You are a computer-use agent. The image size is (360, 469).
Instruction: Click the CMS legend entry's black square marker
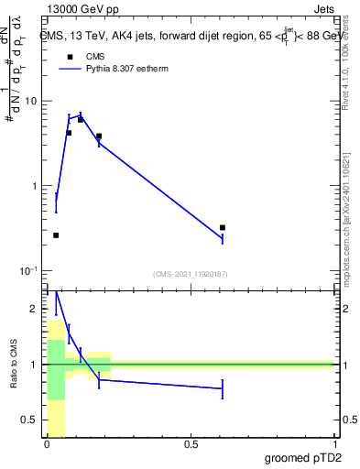point(69,57)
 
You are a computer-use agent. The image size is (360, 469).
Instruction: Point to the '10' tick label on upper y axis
point(35,101)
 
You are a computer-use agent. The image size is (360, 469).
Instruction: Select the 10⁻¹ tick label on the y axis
point(32,271)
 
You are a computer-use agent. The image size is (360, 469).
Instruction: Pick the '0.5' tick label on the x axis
point(191,444)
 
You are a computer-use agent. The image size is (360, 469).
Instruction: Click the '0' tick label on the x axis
point(47,444)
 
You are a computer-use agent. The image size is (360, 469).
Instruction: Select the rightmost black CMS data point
point(223,227)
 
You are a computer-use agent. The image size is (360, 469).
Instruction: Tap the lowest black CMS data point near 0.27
point(56,235)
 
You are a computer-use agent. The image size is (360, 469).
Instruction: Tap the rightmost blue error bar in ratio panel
point(223,388)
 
